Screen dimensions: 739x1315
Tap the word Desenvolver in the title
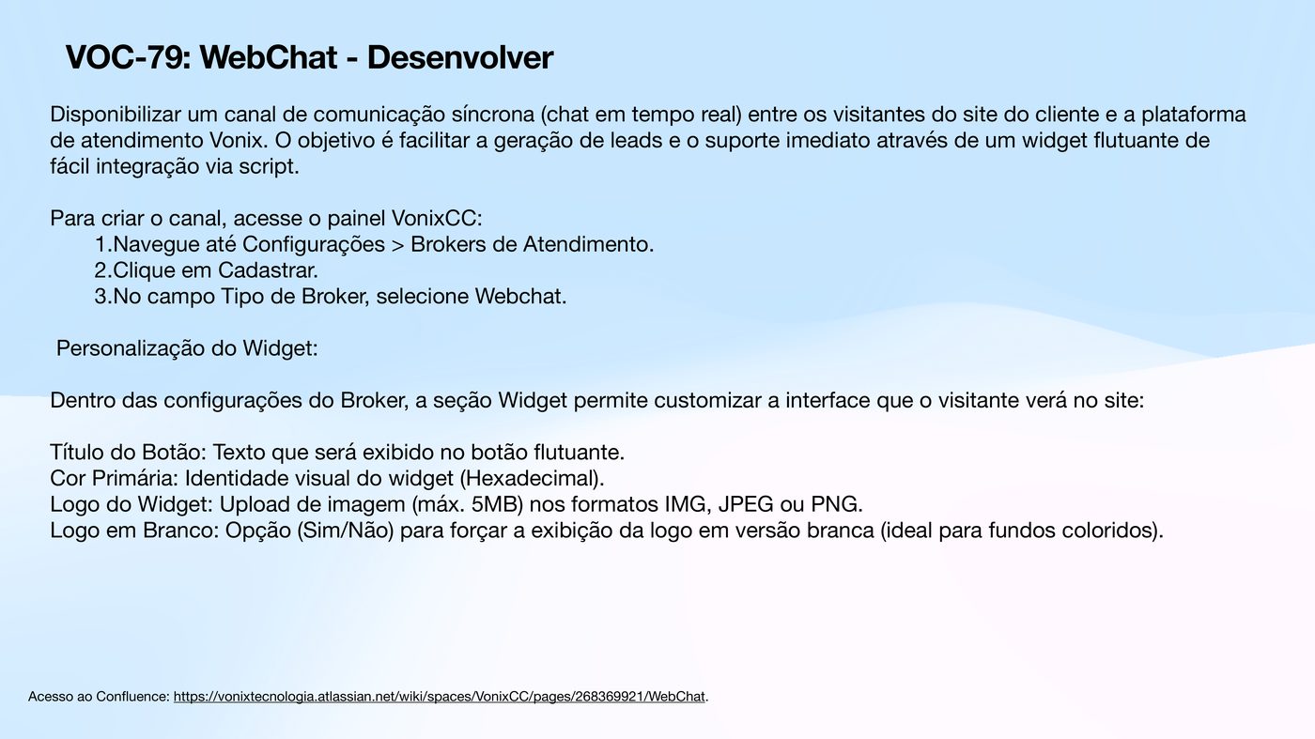click(x=460, y=58)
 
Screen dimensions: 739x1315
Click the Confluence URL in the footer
click(x=439, y=697)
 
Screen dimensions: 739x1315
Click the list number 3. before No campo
click(x=102, y=298)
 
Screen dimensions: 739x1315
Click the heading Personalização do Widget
click(x=187, y=349)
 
